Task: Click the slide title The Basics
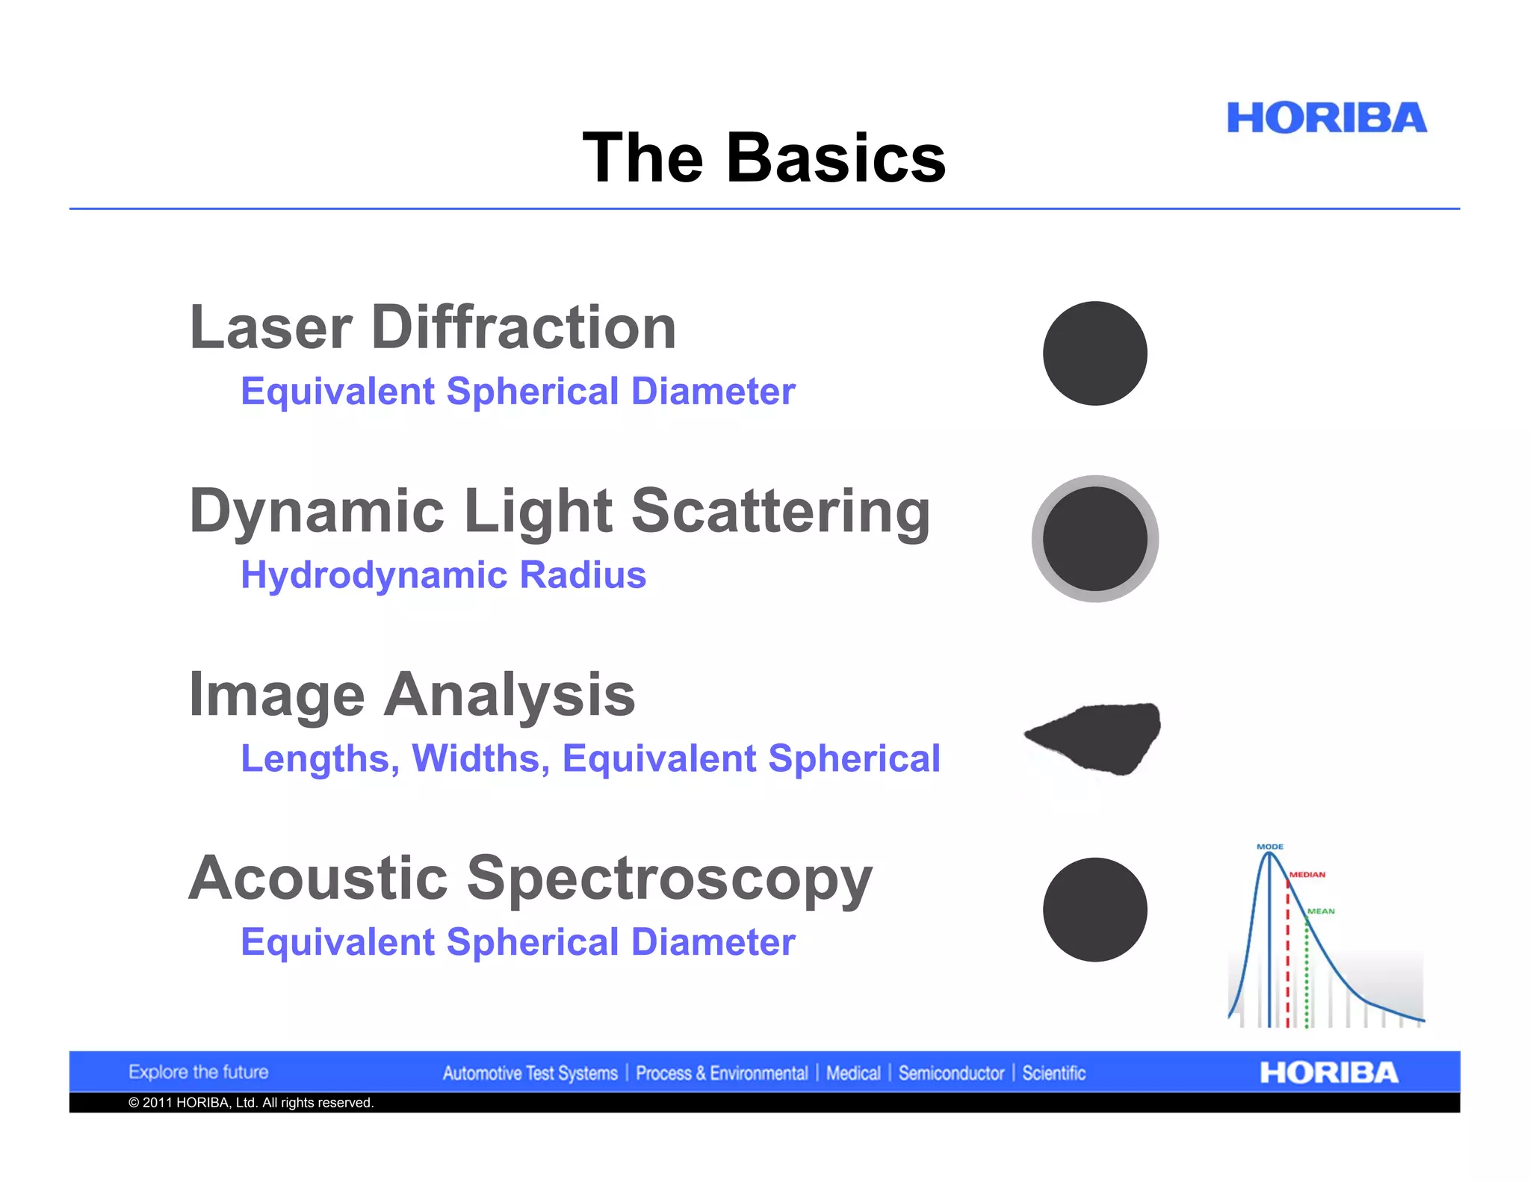(x=764, y=158)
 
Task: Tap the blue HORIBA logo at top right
(x=1326, y=118)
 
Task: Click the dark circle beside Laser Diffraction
(x=1094, y=353)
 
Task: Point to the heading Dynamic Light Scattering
(x=560, y=511)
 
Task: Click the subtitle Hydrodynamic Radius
(x=443, y=575)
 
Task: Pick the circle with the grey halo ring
(x=1094, y=539)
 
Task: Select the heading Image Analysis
(x=412, y=695)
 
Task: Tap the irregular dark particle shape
(x=1098, y=736)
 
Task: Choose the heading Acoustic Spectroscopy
(x=530, y=879)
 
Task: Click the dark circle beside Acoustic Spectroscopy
(x=1094, y=909)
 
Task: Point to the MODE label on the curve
(x=1269, y=847)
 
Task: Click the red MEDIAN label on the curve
(x=1307, y=874)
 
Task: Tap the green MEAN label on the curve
(x=1320, y=911)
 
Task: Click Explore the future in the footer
(x=198, y=1072)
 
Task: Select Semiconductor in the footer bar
(x=951, y=1074)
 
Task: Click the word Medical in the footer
(x=853, y=1074)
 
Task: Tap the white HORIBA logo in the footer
(x=1328, y=1073)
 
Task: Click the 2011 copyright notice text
(x=251, y=1103)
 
